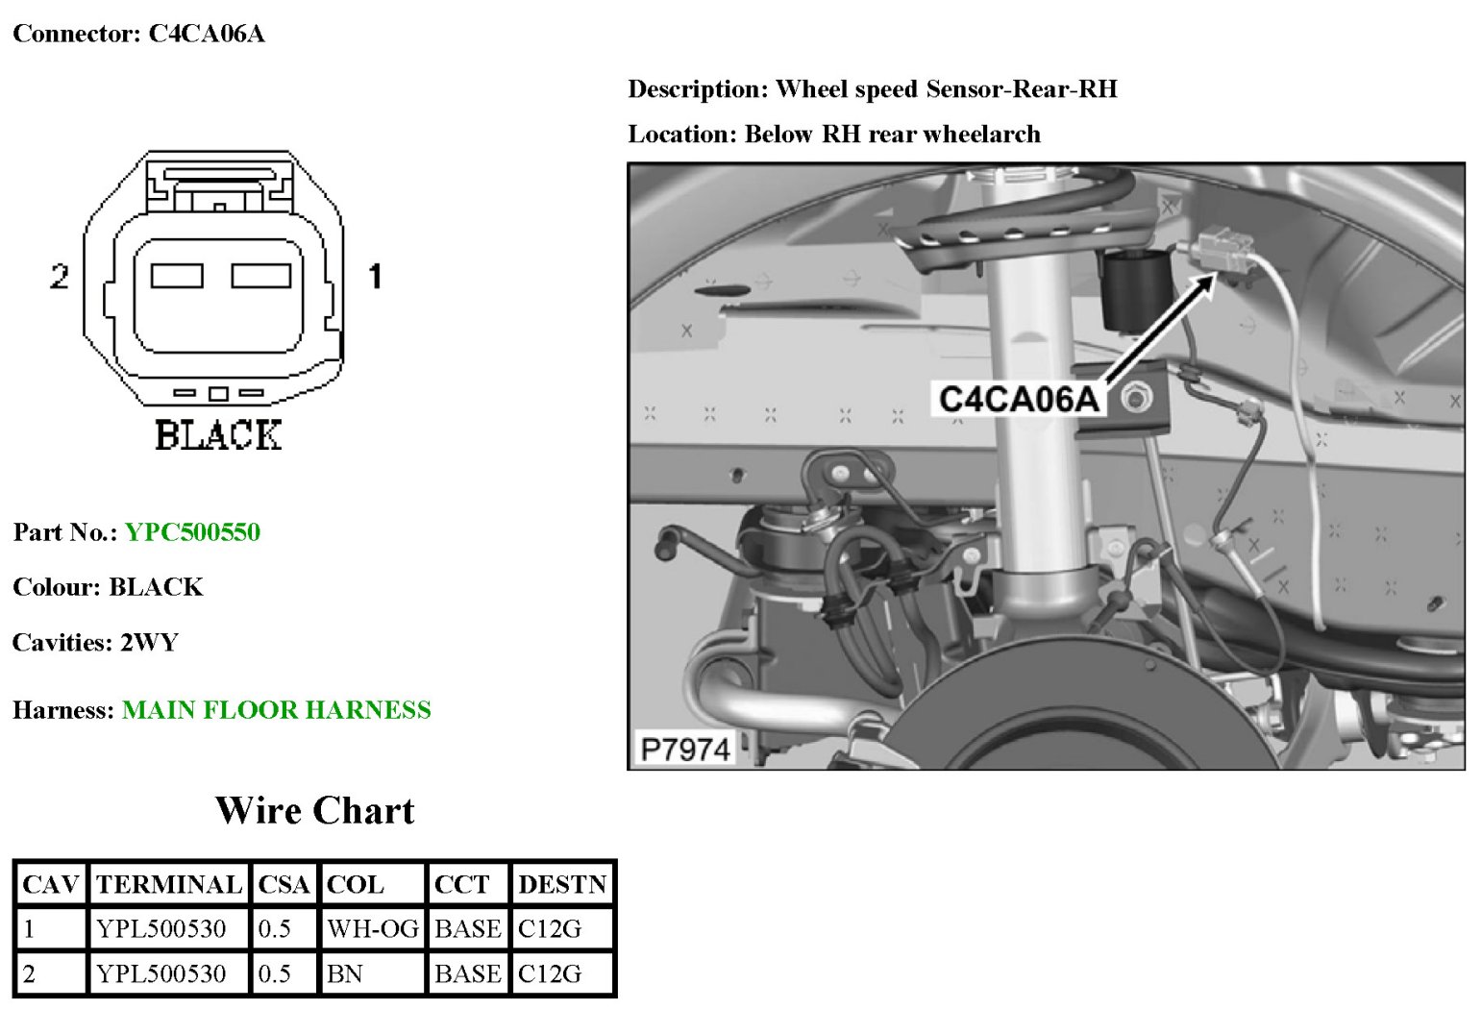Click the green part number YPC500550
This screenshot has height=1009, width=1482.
click(x=192, y=532)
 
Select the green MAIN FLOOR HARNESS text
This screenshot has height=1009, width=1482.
click(x=276, y=710)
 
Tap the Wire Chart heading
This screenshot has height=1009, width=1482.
click(x=314, y=811)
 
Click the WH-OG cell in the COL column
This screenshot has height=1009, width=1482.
click(x=372, y=929)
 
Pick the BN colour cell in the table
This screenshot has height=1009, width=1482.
click(x=345, y=974)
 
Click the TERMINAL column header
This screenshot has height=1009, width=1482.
click(x=168, y=884)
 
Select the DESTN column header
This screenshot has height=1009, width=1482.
click(x=562, y=884)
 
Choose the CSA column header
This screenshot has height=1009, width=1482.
click(x=284, y=884)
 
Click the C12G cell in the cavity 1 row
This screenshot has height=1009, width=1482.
click(x=550, y=929)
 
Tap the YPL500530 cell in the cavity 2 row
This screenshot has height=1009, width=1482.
click(x=161, y=974)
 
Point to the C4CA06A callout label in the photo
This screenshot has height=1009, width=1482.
click(x=1018, y=399)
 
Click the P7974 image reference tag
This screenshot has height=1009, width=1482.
click(x=685, y=749)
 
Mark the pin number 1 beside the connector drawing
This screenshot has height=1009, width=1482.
click(x=376, y=277)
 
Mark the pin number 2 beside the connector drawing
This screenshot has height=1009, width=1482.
click(x=60, y=277)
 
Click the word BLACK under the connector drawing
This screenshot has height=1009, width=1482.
click(x=218, y=435)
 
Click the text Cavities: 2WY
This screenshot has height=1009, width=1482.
click(x=95, y=642)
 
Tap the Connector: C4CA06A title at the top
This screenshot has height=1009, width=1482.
click(x=138, y=35)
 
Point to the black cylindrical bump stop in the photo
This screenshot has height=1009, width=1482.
click(x=1136, y=289)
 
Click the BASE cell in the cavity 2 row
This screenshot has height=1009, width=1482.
click(x=467, y=974)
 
